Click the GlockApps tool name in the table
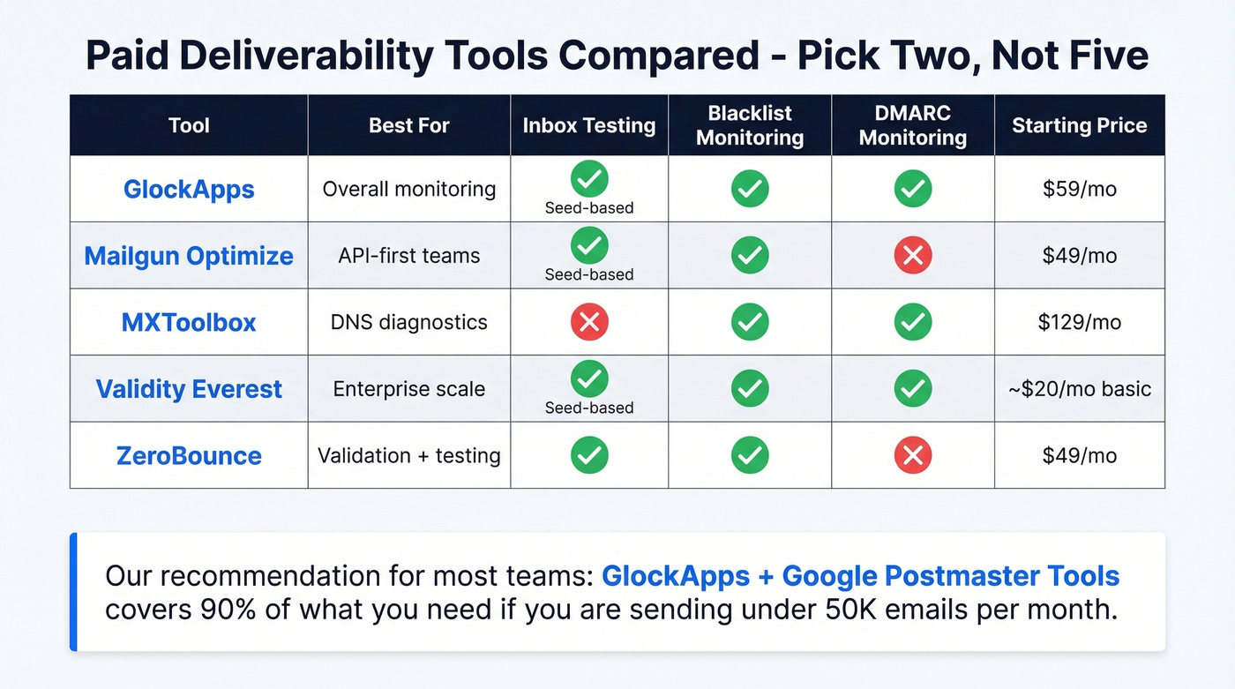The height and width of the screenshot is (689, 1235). (x=189, y=189)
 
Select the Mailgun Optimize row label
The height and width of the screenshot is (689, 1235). (x=189, y=256)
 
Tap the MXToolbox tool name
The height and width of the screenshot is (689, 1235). (x=189, y=322)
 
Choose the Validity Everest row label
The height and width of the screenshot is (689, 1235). (x=189, y=389)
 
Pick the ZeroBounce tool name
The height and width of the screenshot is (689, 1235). (x=189, y=456)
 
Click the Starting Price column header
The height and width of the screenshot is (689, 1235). (x=1079, y=125)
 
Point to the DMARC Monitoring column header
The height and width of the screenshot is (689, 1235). (x=913, y=125)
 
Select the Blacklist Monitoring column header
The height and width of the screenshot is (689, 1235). (x=750, y=125)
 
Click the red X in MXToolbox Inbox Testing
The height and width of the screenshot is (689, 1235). (x=589, y=322)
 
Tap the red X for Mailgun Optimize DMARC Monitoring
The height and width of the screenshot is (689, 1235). (x=913, y=256)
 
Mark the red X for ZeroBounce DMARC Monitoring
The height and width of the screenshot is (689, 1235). (x=913, y=456)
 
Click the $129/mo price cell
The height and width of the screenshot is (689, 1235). (x=1079, y=322)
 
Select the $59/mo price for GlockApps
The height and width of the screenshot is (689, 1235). (x=1079, y=189)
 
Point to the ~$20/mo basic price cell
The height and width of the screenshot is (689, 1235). (x=1079, y=389)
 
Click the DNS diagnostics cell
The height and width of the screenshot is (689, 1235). (x=408, y=322)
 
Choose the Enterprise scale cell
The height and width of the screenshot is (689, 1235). (x=408, y=389)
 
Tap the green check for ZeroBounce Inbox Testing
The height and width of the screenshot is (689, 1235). (x=589, y=456)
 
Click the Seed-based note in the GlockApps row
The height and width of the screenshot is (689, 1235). (x=589, y=208)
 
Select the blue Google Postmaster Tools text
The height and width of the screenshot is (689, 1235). (x=951, y=576)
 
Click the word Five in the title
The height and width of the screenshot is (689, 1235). (x=1106, y=56)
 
